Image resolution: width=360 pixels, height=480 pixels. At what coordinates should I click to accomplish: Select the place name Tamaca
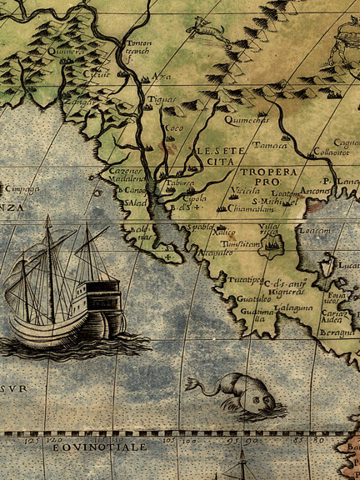point(270,144)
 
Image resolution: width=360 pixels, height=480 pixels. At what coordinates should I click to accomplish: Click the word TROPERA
point(268,172)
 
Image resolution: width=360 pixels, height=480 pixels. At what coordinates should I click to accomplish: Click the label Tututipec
point(247,280)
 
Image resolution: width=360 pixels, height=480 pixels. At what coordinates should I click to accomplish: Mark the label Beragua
point(343,332)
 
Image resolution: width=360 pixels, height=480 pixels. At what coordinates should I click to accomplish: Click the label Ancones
point(316,188)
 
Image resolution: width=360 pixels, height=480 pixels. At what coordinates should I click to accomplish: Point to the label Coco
point(174,127)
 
